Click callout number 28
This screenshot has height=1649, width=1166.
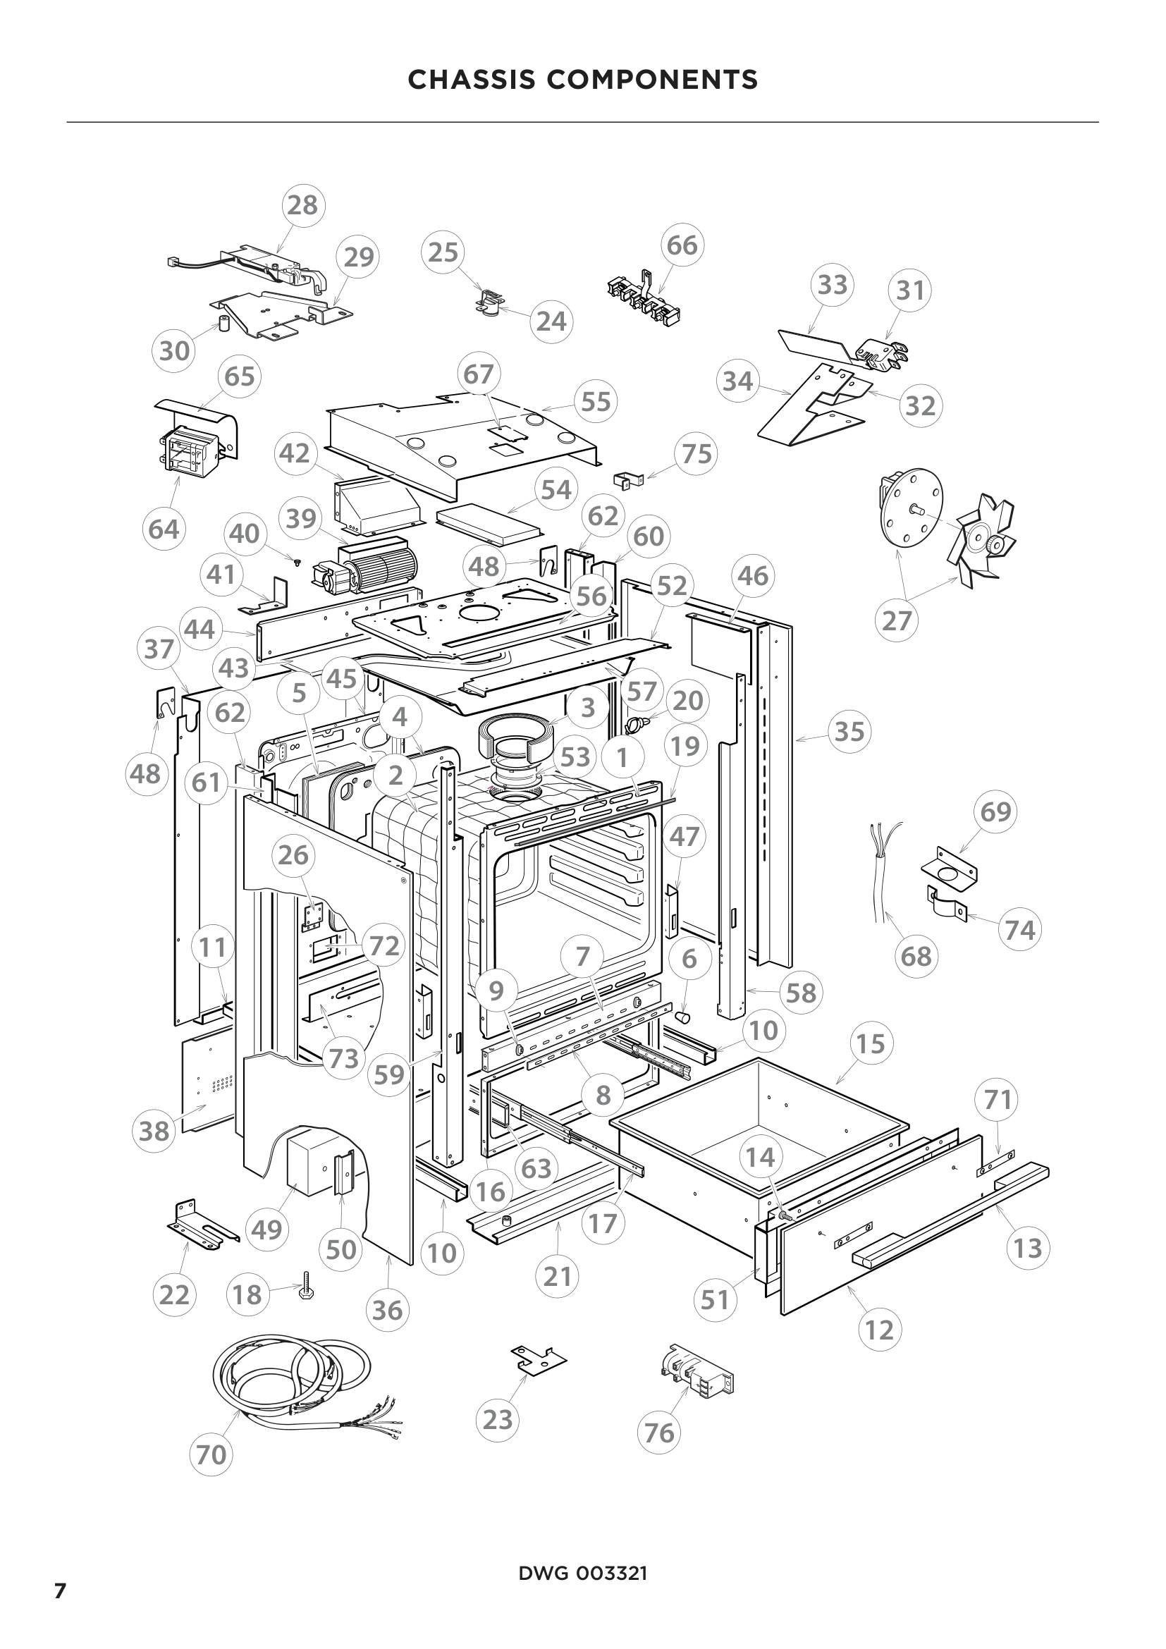[302, 205]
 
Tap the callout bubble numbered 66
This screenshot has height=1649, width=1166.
[682, 245]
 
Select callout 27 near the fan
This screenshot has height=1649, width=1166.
[897, 620]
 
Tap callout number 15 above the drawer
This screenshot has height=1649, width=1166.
[871, 1043]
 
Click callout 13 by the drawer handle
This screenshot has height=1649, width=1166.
[1027, 1248]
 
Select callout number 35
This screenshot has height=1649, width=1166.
[849, 732]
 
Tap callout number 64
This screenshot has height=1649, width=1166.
[164, 529]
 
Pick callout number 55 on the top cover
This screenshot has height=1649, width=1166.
[595, 401]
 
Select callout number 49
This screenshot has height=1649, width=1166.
[267, 1230]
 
